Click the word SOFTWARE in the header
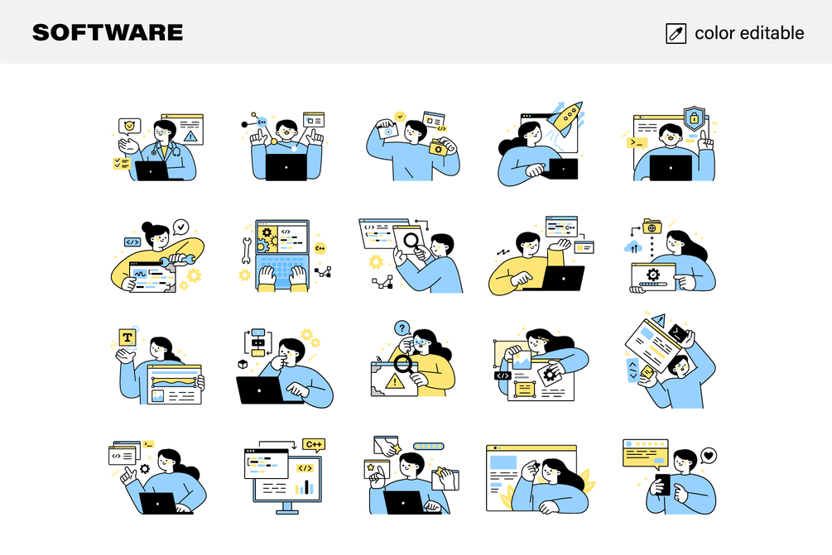[x=108, y=33]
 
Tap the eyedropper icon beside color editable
[x=676, y=33]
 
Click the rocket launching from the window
[x=565, y=117]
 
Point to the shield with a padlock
[x=694, y=117]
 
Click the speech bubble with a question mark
[x=402, y=328]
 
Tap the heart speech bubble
[x=708, y=456]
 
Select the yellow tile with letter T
[x=127, y=337]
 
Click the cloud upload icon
[x=633, y=247]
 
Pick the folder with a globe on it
[x=651, y=227]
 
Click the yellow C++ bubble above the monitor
[x=314, y=444]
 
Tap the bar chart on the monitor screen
[x=305, y=486]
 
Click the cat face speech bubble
[x=129, y=127]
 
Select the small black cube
[x=243, y=364]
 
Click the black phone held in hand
[x=663, y=484]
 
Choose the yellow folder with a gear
[x=438, y=148]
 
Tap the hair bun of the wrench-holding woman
[x=147, y=227]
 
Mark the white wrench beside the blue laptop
[x=246, y=251]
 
